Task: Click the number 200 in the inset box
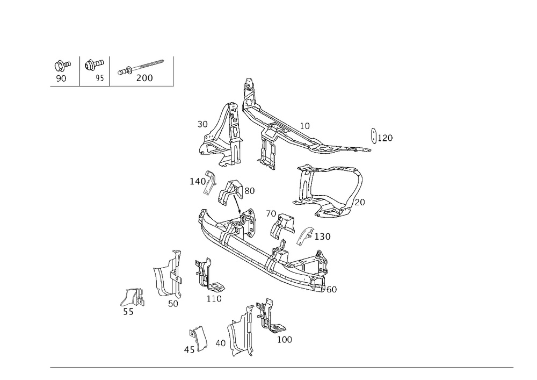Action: [144, 78]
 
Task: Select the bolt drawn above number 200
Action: [143, 66]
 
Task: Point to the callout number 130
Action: [322, 236]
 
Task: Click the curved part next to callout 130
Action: [304, 235]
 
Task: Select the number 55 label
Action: [128, 312]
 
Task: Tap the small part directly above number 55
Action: [133, 297]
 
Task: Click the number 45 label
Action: [188, 350]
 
